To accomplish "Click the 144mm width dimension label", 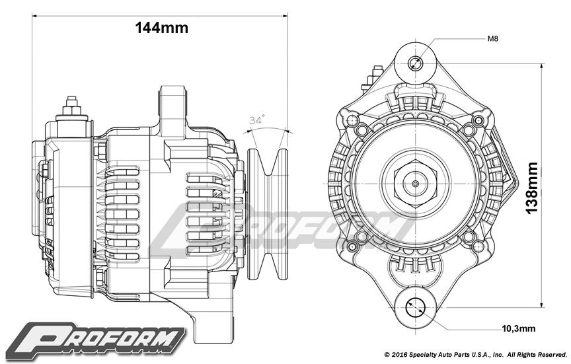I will coord(161,28).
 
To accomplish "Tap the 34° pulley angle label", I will coord(257,120).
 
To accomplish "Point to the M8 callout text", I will coord(492,39).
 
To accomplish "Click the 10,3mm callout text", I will coord(519,328).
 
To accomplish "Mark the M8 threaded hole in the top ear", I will coord(416,63).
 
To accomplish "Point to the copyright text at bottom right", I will coord(476,355).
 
